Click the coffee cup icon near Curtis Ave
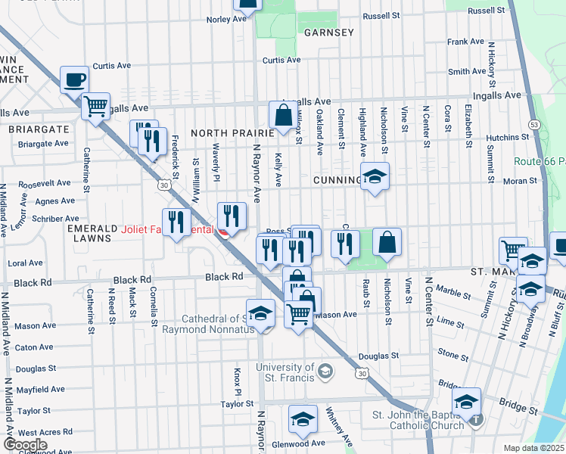74,79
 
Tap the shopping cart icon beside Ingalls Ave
95,106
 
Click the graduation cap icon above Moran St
374,176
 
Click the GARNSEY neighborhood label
328,33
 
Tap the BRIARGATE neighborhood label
38,129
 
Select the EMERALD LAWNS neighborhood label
89,233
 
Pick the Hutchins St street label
508,137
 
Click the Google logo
25,444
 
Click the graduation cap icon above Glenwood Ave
303,418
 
